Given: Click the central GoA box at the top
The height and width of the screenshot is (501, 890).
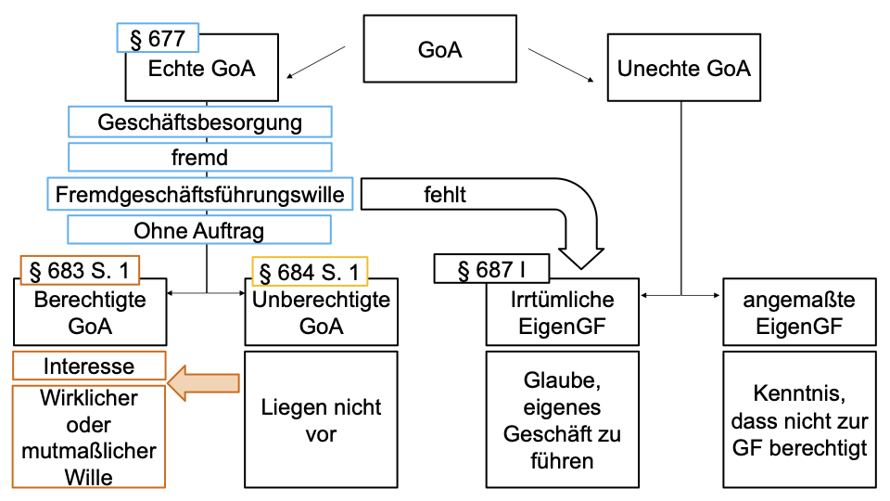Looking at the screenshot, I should tap(439, 49).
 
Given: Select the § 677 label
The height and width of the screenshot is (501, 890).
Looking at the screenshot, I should tap(158, 38).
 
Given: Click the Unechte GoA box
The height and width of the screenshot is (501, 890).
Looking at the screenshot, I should tap(684, 68).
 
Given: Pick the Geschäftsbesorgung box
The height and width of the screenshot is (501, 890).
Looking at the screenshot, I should tap(199, 122).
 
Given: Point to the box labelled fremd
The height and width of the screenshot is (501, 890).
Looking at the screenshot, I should tap(199, 158).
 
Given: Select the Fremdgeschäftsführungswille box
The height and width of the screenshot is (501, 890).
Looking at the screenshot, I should tap(199, 195).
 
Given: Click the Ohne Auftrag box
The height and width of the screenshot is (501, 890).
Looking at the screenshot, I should tap(199, 230).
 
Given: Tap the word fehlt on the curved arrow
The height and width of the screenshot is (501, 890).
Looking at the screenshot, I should tap(445, 195).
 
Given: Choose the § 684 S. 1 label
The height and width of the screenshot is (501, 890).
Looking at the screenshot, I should tap(310, 272).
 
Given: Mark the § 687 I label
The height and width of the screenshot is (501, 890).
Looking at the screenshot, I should tap(491, 270).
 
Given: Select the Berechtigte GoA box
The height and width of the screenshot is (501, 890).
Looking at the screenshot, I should tap(90, 314).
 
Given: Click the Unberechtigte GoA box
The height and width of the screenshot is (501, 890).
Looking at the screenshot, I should tap(321, 314).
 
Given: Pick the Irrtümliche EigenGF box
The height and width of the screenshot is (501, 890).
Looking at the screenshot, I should tap(562, 314).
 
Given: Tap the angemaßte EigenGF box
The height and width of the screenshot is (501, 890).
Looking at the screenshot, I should tap(798, 314).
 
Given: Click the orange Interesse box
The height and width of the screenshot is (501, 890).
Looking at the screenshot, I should tap(89, 366).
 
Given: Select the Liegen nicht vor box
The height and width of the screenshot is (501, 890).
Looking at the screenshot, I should tap(321, 419).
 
